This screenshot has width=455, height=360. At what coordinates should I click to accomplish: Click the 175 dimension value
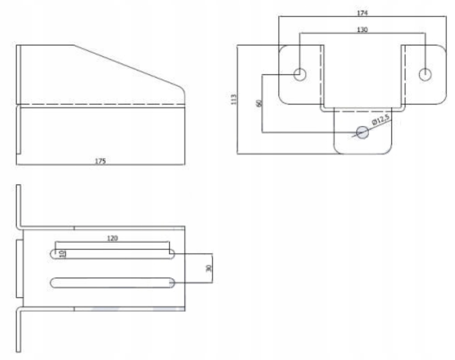pos(100,161)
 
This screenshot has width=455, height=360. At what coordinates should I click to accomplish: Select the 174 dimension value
pos(362,13)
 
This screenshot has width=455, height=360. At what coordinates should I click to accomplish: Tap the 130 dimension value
pos(362,30)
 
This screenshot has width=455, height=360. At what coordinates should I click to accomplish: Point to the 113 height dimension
pos(234,99)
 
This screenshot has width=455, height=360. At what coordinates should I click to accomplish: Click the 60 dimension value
pos(258,103)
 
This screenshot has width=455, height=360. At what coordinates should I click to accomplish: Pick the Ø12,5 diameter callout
pos(381,119)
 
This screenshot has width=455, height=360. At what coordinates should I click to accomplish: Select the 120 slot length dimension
pos(112,238)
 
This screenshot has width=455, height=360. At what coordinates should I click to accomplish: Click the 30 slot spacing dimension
pos(209,268)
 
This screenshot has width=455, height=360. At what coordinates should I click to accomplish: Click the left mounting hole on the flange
pos(299,74)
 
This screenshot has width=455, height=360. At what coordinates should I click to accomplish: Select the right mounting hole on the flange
pos(425,74)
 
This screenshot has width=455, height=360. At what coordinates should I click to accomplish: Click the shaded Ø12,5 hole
pos(362,132)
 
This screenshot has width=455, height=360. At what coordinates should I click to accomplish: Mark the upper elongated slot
pos(112,254)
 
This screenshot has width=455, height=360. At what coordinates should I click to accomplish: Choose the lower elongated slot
pos(112,283)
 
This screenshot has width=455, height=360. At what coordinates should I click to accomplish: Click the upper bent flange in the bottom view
pos(18,207)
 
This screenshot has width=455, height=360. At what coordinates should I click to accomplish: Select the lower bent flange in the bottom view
pos(18,330)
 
